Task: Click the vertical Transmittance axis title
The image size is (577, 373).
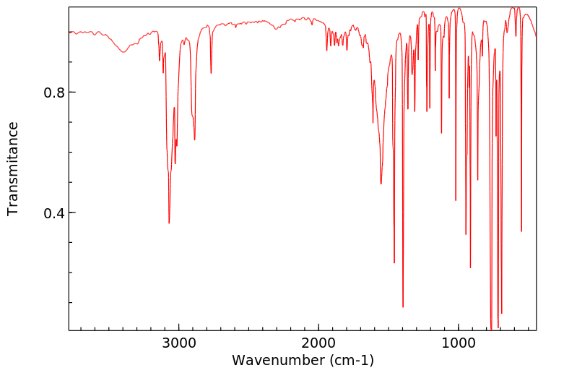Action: pyautogui.click(x=13, y=168)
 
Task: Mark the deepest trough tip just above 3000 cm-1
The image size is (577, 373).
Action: pyautogui.click(x=169, y=223)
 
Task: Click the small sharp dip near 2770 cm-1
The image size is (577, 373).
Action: pyautogui.click(x=211, y=73)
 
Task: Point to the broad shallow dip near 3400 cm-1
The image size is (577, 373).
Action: pyautogui.click(x=123, y=52)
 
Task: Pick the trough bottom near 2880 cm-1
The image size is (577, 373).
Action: pyautogui.click(x=195, y=140)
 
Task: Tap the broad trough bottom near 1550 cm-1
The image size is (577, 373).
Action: pyautogui.click(x=381, y=184)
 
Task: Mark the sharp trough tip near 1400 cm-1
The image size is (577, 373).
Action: pyautogui.click(x=403, y=307)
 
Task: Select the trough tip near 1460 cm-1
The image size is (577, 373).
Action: pyautogui.click(x=394, y=262)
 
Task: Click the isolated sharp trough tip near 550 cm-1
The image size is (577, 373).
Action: pyautogui.click(x=521, y=231)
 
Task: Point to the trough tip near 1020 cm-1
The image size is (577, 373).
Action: pyautogui.click(x=456, y=200)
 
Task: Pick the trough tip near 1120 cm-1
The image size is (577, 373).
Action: pyautogui.click(x=441, y=133)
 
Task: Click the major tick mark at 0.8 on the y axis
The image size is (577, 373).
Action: pyautogui.click(x=71, y=93)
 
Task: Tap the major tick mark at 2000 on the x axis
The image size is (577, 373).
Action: pyautogui.click(x=318, y=328)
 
